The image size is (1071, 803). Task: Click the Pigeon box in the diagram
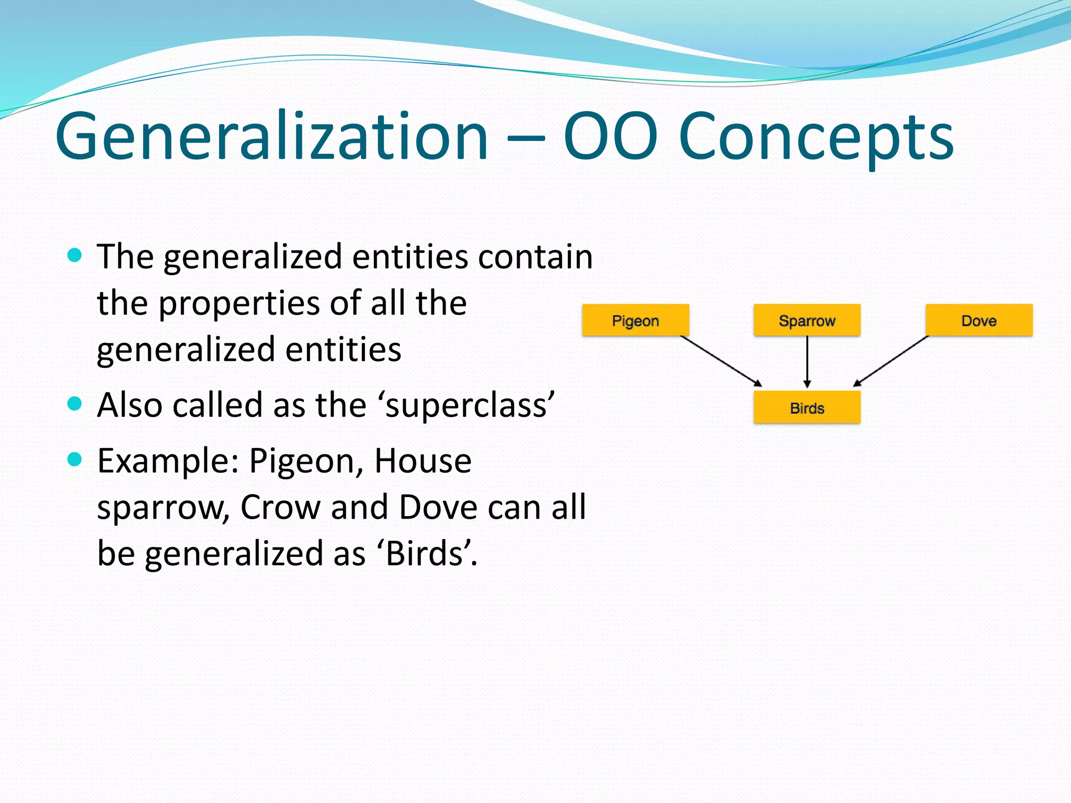coord(635,320)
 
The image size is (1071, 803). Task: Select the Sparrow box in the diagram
coord(807,320)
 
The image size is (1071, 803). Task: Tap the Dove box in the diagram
coord(979,320)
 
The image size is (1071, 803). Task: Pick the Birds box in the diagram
coord(807,407)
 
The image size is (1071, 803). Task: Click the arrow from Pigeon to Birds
coord(721,361)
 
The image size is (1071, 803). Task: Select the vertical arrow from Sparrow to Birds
coord(807,361)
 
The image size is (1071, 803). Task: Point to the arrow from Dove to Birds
coord(891,361)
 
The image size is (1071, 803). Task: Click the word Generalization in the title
coord(272,137)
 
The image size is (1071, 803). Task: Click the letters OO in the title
coord(610,137)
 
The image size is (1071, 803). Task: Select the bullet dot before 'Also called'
coord(75,404)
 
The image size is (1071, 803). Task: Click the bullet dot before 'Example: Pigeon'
coord(75,459)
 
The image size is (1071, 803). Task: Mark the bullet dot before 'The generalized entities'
coord(75,255)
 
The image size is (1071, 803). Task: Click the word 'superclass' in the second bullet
coord(468,406)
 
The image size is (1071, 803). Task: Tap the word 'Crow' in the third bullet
coord(280,507)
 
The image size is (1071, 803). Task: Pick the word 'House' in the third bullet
coord(423,461)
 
